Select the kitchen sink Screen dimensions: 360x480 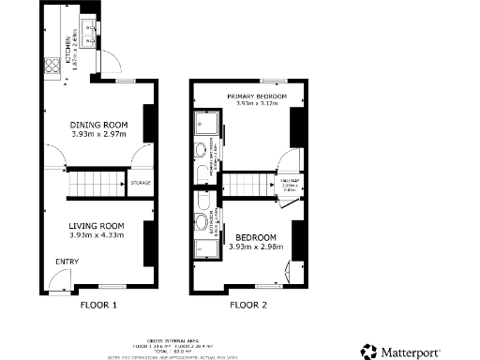pos(91,34)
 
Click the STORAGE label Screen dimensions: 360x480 pos(141,183)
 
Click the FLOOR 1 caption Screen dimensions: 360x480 pos(98,306)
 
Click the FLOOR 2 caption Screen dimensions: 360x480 pos(248,306)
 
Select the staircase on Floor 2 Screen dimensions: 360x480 pos(246,183)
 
